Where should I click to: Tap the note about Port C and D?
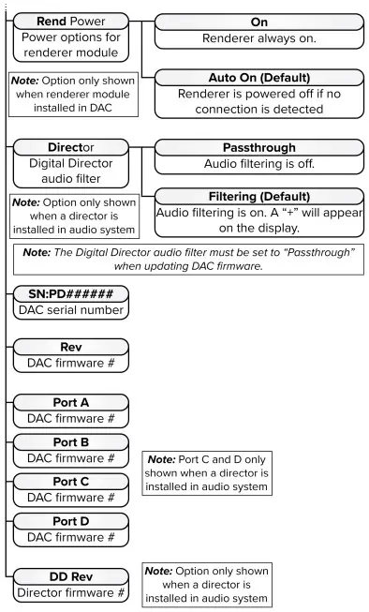coord(205,475)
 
